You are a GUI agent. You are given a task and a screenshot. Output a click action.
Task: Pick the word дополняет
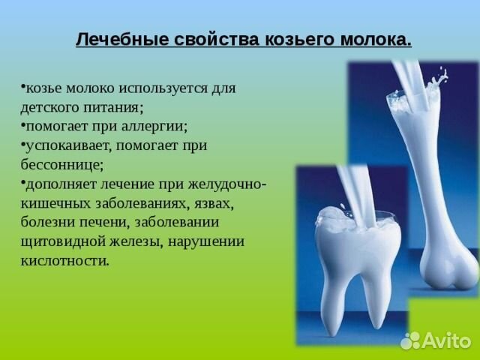(60, 184)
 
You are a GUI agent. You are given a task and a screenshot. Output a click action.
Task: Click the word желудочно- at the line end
(226, 184)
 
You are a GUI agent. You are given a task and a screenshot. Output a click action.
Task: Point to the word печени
(98, 223)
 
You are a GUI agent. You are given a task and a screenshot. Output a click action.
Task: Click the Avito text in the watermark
(447, 341)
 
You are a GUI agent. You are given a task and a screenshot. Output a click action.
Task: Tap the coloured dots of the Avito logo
(410, 341)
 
